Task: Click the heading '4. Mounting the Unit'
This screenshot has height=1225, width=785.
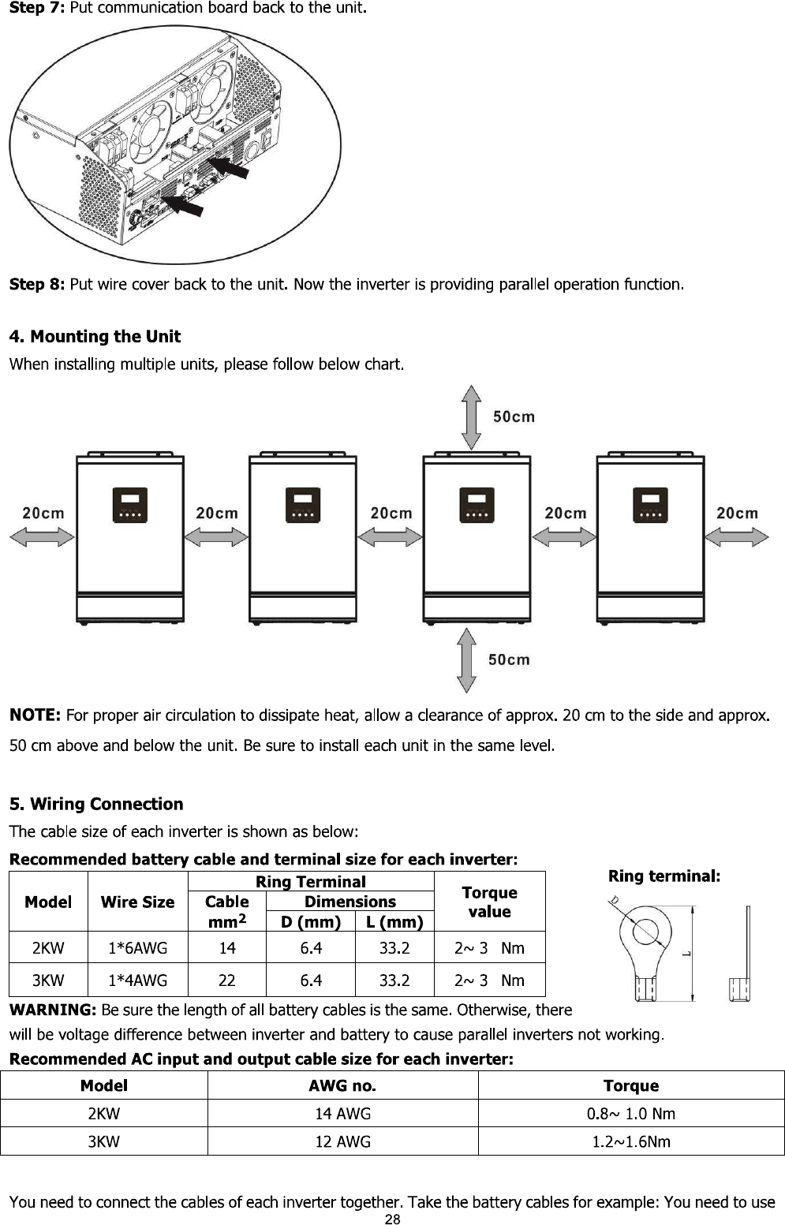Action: pos(95,337)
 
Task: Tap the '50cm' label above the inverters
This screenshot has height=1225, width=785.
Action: pos(514,416)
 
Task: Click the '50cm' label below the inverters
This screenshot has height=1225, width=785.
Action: pos(509,659)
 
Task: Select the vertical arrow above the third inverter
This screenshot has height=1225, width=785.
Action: pos(472,417)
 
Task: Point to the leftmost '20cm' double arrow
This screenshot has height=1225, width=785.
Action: pos(42,537)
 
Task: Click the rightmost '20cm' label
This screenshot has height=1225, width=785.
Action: pos(737,514)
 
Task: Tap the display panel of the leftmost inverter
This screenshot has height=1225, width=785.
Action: pos(130,506)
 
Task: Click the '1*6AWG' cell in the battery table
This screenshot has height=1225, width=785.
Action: pos(137,948)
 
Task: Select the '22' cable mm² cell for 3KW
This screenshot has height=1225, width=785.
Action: pos(227,980)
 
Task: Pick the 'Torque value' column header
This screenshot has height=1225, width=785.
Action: pos(489,902)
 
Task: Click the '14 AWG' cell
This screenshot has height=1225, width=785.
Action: pos(342,1114)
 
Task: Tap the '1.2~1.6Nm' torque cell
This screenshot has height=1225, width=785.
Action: pos(631,1141)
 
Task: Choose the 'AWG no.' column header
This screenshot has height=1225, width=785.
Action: pos(342,1086)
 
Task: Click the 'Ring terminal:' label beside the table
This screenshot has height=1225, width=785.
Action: pos(664,876)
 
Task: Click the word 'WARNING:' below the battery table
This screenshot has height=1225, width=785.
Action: pos(52,1010)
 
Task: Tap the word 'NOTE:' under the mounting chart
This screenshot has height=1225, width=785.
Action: pos(35,715)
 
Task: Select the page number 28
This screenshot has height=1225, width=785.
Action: pos(392,1219)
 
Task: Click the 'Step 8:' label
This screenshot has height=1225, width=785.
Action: pos(36,284)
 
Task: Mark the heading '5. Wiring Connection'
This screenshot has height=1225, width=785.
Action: pos(96,804)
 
